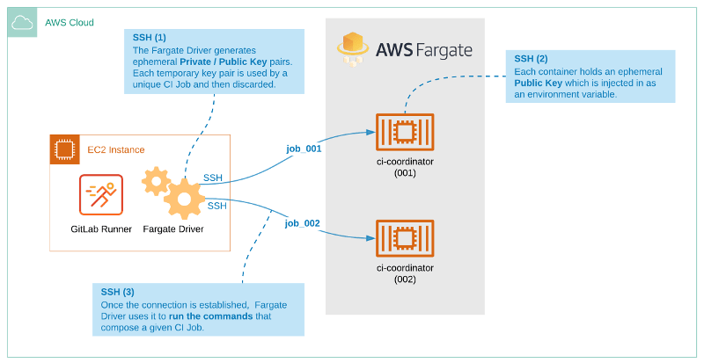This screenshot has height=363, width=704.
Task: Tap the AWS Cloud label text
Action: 70,22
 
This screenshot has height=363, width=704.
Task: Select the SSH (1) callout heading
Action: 149,38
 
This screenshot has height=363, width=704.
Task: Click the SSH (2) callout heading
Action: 532,58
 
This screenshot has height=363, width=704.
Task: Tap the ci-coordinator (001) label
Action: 405,168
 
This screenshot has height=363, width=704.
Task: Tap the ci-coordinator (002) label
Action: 405,273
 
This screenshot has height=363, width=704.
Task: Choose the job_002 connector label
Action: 303,223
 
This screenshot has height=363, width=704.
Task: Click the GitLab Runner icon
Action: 101,194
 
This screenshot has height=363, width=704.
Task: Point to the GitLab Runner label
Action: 101,229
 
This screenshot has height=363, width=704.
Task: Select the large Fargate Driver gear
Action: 185,199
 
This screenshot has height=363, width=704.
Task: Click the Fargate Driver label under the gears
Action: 173,229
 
